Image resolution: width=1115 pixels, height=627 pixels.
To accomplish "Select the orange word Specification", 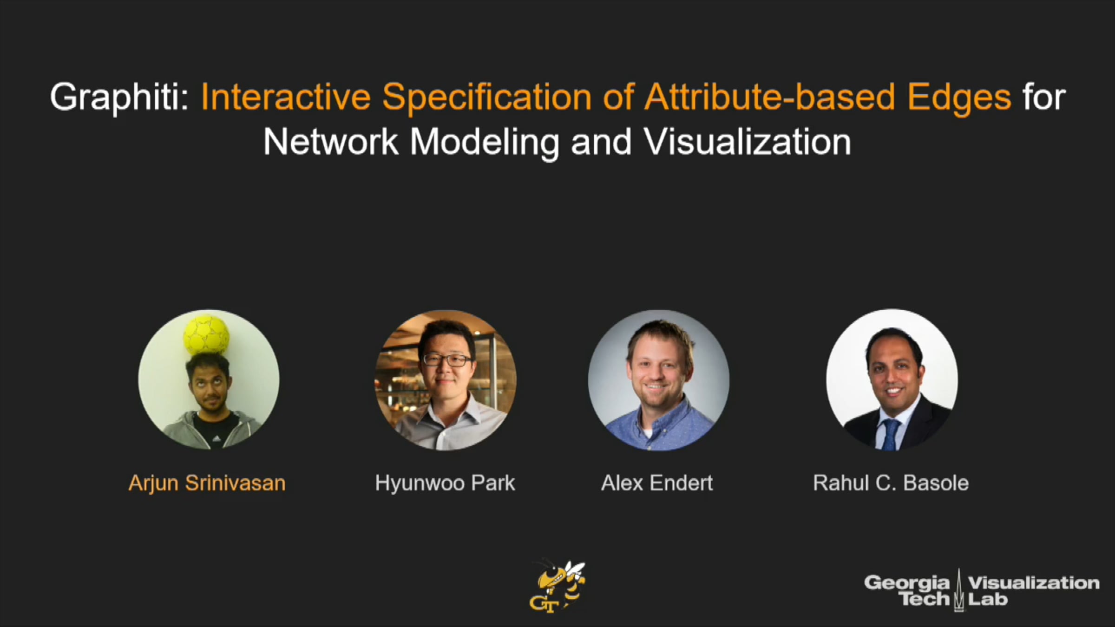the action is [x=487, y=97].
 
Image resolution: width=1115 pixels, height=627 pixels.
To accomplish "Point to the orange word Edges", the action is [x=959, y=98].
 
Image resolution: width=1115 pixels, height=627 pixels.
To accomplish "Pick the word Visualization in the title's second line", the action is [x=748, y=142].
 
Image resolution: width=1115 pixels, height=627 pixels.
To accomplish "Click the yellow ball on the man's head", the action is [x=206, y=336].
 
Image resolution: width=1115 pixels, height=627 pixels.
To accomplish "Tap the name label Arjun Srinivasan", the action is [x=207, y=483].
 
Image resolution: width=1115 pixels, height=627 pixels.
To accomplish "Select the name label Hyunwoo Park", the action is [x=445, y=483].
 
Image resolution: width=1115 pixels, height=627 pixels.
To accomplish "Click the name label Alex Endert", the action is [x=657, y=483].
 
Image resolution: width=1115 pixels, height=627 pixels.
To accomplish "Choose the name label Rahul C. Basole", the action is [x=891, y=483].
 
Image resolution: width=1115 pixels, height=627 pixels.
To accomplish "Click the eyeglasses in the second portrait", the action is [x=447, y=360].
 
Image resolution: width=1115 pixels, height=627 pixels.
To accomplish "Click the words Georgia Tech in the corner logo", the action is [x=907, y=591].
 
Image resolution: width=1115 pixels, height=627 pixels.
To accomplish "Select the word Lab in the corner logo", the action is [x=988, y=599].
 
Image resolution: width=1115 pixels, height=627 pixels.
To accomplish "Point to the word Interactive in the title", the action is [x=286, y=97].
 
